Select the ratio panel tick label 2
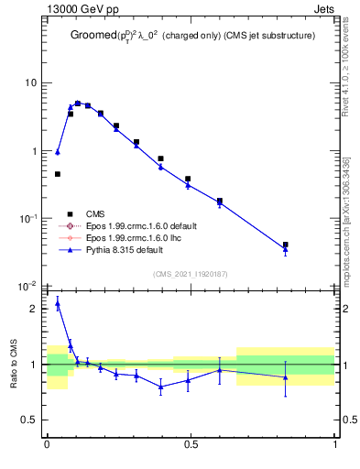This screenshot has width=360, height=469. [34, 310]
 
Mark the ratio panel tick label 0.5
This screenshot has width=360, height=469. [28, 420]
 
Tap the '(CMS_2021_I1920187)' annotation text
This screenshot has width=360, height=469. [191, 274]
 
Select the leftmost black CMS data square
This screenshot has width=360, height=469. [58, 174]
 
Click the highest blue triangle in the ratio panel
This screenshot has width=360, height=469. [58, 303]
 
